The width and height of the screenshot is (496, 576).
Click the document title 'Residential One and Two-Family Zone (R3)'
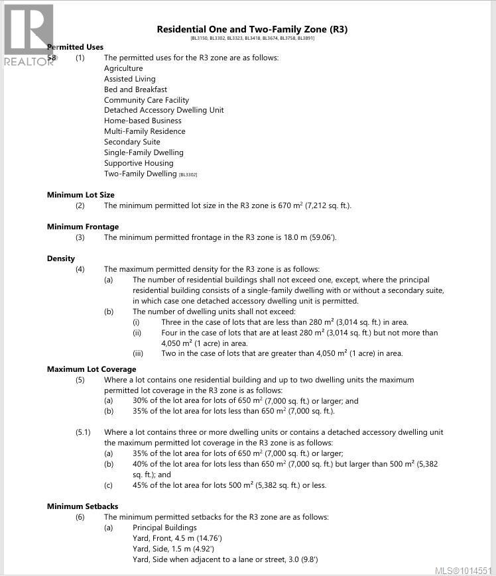pyautogui.click(x=252, y=29)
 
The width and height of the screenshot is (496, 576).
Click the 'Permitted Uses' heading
pyautogui.click(x=75, y=47)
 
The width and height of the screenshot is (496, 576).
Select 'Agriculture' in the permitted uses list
pyautogui.click(x=123, y=68)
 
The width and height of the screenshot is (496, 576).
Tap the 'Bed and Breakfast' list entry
pyautogui.click(x=135, y=89)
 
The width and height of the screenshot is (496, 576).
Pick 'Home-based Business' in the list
pyautogui.click(x=143, y=121)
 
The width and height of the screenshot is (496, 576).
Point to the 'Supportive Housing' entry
pyautogui.click(x=139, y=163)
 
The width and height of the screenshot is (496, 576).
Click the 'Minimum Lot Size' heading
pyautogui.click(x=80, y=195)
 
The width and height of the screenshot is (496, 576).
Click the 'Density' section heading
pyautogui.click(x=61, y=259)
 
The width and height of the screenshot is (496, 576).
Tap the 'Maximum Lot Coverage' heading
pyautogui.click(x=92, y=369)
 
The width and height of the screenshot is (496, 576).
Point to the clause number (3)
pyautogui.click(x=80, y=237)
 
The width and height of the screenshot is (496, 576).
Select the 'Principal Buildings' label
pyautogui.click(x=164, y=528)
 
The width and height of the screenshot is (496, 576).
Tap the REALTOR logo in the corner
pyautogui.click(x=29, y=35)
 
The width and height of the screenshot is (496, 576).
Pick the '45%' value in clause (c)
pyautogui.click(x=141, y=485)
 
